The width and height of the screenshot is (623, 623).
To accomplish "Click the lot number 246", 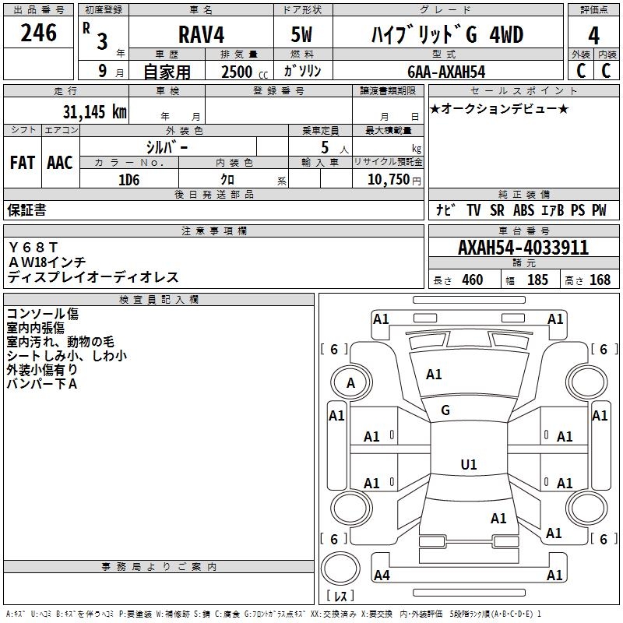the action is (x=38, y=33).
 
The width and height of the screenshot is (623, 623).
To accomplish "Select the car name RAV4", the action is (x=201, y=34).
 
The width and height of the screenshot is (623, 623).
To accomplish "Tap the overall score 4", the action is (x=593, y=36).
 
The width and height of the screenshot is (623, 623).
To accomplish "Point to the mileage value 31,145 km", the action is (x=94, y=111).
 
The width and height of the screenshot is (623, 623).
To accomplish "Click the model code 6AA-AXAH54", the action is (x=446, y=72).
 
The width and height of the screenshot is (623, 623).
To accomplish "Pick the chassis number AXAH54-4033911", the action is (x=523, y=248).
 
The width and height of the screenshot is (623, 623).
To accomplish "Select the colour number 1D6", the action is (x=128, y=180).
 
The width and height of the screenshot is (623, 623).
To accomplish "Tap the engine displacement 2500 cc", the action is (x=245, y=72).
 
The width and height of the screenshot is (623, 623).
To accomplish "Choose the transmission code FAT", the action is (x=23, y=163).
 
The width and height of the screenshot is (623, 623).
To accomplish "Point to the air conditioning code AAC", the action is (x=60, y=163).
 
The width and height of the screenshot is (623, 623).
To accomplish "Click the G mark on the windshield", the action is (x=445, y=410).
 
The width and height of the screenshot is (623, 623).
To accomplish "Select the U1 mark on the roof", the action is (x=469, y=464).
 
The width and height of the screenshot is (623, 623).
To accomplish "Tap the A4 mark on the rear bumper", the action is (x=382, y=575).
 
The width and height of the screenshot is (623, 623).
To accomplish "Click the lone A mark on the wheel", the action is (x=350, y=383).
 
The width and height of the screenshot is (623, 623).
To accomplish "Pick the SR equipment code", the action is (x=497, y=210).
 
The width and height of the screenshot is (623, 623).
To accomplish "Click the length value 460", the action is (x=473, y=280).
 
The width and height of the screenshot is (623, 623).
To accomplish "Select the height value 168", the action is (x=600, y=280).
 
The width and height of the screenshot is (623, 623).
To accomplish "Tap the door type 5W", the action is (x=301, y=34).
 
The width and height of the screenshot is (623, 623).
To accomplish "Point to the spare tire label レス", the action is (x=340, y=596).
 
